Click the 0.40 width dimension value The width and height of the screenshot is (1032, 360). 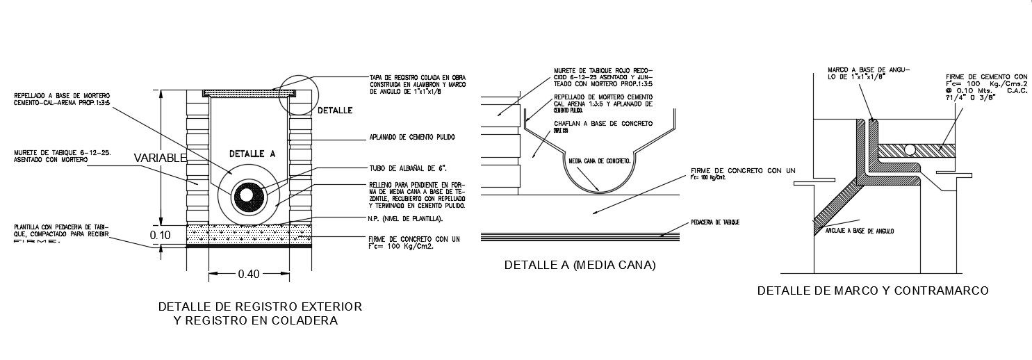(x=249, y=274)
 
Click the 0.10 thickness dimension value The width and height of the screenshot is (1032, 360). (x=161, y=236)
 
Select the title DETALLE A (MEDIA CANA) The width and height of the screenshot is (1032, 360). (x=580, y=265)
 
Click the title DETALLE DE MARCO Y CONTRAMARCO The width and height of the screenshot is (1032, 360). (x=873, y=291)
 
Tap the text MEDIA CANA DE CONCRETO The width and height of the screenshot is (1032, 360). (x=600, y=161)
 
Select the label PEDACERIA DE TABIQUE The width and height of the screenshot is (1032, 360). (x=716, y=222)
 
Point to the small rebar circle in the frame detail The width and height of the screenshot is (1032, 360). (x=910, y=149)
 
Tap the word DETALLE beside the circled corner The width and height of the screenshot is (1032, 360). (x=335, y=111)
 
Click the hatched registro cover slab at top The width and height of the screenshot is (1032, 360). (x=249, y=92)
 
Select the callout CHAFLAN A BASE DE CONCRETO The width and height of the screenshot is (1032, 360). (x=603, y=123)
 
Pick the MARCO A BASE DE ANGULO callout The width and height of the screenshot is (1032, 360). (x=869, y=74)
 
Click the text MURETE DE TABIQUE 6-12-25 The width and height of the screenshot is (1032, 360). (x=57, y=156)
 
